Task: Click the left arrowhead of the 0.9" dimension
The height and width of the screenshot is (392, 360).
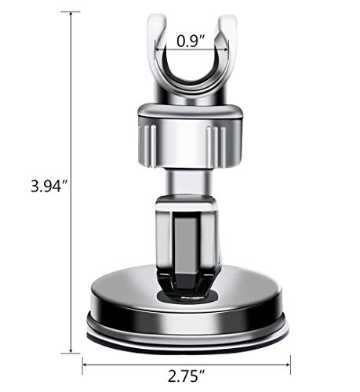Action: coord(158,48)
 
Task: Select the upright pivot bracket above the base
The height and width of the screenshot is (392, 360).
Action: coord(187,235)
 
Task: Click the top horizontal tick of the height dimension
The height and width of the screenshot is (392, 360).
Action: coord(71,12)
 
